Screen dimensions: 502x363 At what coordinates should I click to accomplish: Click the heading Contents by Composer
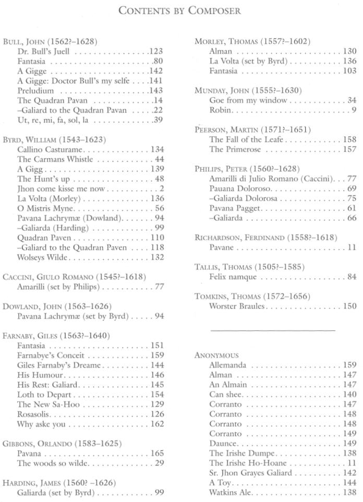[180, 10]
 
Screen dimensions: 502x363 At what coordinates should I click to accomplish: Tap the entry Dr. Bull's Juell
[43, 51]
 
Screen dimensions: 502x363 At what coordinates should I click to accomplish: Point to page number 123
[156, 51]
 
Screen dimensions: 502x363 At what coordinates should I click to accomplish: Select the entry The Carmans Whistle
[55, 159]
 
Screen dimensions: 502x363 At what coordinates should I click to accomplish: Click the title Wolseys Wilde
[43, 257]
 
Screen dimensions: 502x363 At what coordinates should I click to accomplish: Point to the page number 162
[157, 424]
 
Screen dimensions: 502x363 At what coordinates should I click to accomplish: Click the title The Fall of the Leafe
[246, 139]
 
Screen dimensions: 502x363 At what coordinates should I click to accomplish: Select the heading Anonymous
[216, 355]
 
